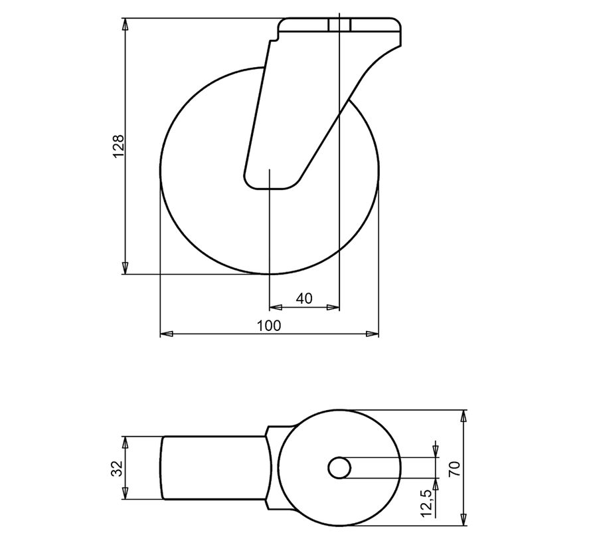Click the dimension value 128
coord(118,146)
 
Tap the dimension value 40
coord(304,298)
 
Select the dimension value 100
coord(269,326)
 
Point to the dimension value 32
coord(118,468)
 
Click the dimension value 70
coord(455,468)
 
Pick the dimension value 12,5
coord(427,503)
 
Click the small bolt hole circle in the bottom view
coord(339,468)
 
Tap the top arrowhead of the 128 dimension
coord(126,24)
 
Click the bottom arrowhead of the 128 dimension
coord(126,268)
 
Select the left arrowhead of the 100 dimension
coord(167,334)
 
